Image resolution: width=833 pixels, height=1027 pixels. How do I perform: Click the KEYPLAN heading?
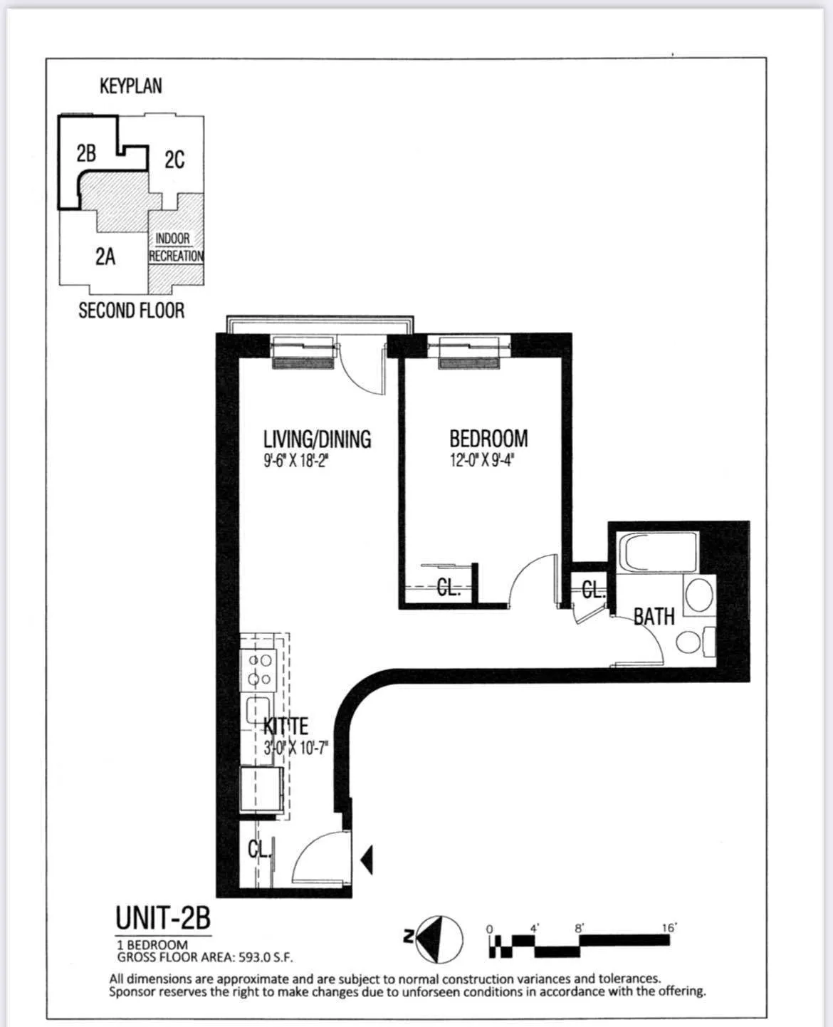(x=130, y=86)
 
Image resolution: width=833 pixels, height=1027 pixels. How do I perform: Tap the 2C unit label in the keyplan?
(x=174, y=160)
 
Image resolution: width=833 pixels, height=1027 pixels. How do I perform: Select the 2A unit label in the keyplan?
(x=105, y=256)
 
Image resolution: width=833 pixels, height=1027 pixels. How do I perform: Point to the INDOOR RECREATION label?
(x=175, y=248)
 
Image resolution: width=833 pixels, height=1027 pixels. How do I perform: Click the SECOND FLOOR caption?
(x=131, y=311)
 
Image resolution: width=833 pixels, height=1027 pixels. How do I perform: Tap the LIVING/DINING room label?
(x=317, y=439)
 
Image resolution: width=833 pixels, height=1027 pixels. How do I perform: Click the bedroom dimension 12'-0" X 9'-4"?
(x=481, y=459)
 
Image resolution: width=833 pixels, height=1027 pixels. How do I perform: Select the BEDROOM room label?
(x=488, y=438)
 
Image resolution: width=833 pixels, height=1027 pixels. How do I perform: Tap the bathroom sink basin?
(x=698, y=594)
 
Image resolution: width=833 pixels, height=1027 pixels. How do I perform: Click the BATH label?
(x=654, y=616)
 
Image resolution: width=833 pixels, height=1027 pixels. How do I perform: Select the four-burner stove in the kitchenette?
(x=258, y=669)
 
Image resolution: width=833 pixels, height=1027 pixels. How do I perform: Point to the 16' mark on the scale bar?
(x=669, y=927)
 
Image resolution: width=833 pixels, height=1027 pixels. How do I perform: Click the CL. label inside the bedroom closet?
(x=449, y=588)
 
